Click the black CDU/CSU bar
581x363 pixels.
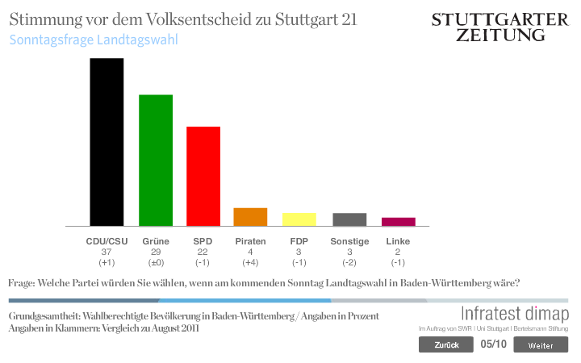(107, 142)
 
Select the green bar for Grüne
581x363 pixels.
(156, 161)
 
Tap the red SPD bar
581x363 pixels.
(203, 176)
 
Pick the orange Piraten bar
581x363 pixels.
(250, 217)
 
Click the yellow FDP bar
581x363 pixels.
(299, 219)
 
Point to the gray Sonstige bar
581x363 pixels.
(349, 219)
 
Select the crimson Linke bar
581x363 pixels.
(398, 221)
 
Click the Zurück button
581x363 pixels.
(445, 345)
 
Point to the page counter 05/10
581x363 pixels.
(493, 344)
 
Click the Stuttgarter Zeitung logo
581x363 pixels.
(500, 27)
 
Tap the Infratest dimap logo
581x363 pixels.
(514, 315)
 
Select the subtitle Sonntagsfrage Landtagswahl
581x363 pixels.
(94, 39)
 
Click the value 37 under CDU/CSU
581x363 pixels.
(107, 252)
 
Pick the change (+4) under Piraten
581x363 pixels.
(250, 263)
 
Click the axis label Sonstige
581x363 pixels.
(349, 241)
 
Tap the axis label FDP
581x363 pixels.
(299, 241)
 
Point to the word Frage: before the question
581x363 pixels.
(22, 283)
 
